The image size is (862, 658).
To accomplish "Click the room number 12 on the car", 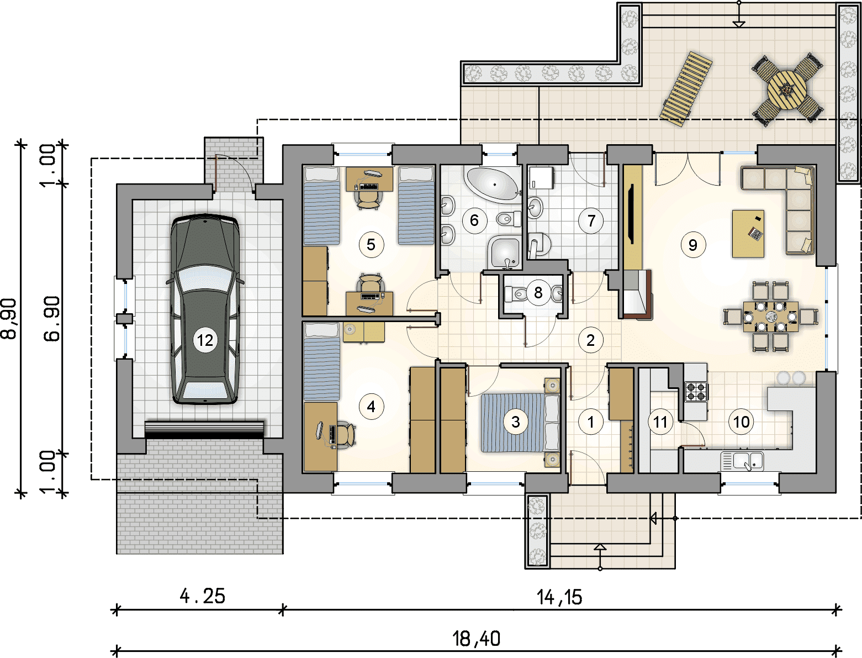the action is point(205,340).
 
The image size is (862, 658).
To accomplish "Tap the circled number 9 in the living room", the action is point(692,245).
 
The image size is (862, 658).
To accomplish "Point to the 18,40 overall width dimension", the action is point(476,638).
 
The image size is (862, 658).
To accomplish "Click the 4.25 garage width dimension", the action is point(202,596).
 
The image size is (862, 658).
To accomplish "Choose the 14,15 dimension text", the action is point(559,597).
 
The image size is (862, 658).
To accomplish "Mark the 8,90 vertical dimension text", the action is point(9,318).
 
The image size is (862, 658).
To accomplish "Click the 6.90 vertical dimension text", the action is point(51,318).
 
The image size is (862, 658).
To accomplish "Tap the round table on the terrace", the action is point(787,90).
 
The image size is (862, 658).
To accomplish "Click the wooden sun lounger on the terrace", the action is point(686,90).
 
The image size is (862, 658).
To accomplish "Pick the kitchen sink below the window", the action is point(742,461).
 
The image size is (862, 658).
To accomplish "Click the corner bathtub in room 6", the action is point(493,184).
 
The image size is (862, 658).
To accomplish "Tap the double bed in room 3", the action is point(520,423).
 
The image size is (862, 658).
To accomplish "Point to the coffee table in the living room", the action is point(748,234).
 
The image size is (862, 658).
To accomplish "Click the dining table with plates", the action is point(770,316).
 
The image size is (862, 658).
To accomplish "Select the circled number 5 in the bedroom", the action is point(371,245).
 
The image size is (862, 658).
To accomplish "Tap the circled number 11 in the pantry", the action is point(660,422).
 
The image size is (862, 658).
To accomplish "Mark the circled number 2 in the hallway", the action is point(590,340).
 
